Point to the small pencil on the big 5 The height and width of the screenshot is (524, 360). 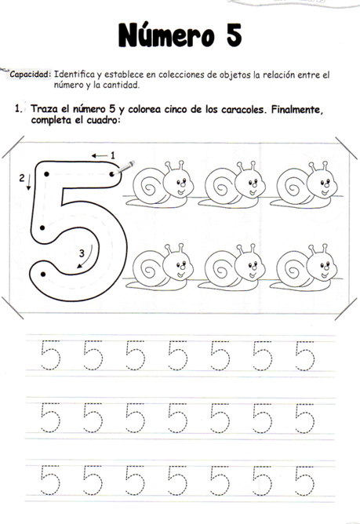coord(127,167)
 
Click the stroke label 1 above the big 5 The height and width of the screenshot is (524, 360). coord(112,155)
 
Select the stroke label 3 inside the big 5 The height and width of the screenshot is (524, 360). coord(82,253)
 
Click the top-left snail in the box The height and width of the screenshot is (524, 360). coord(163,184)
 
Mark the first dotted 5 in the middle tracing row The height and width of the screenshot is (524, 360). coord(49,417)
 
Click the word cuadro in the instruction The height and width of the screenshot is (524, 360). coord(99,121)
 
